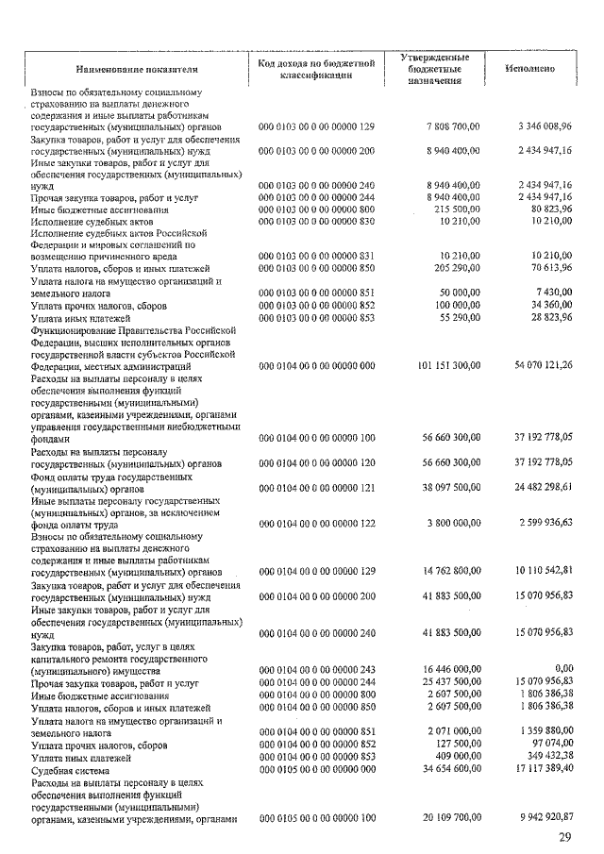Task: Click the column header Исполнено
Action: (528, 69)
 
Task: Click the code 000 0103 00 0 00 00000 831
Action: (317, 256)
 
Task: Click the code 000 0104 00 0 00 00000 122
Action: (317, 524)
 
